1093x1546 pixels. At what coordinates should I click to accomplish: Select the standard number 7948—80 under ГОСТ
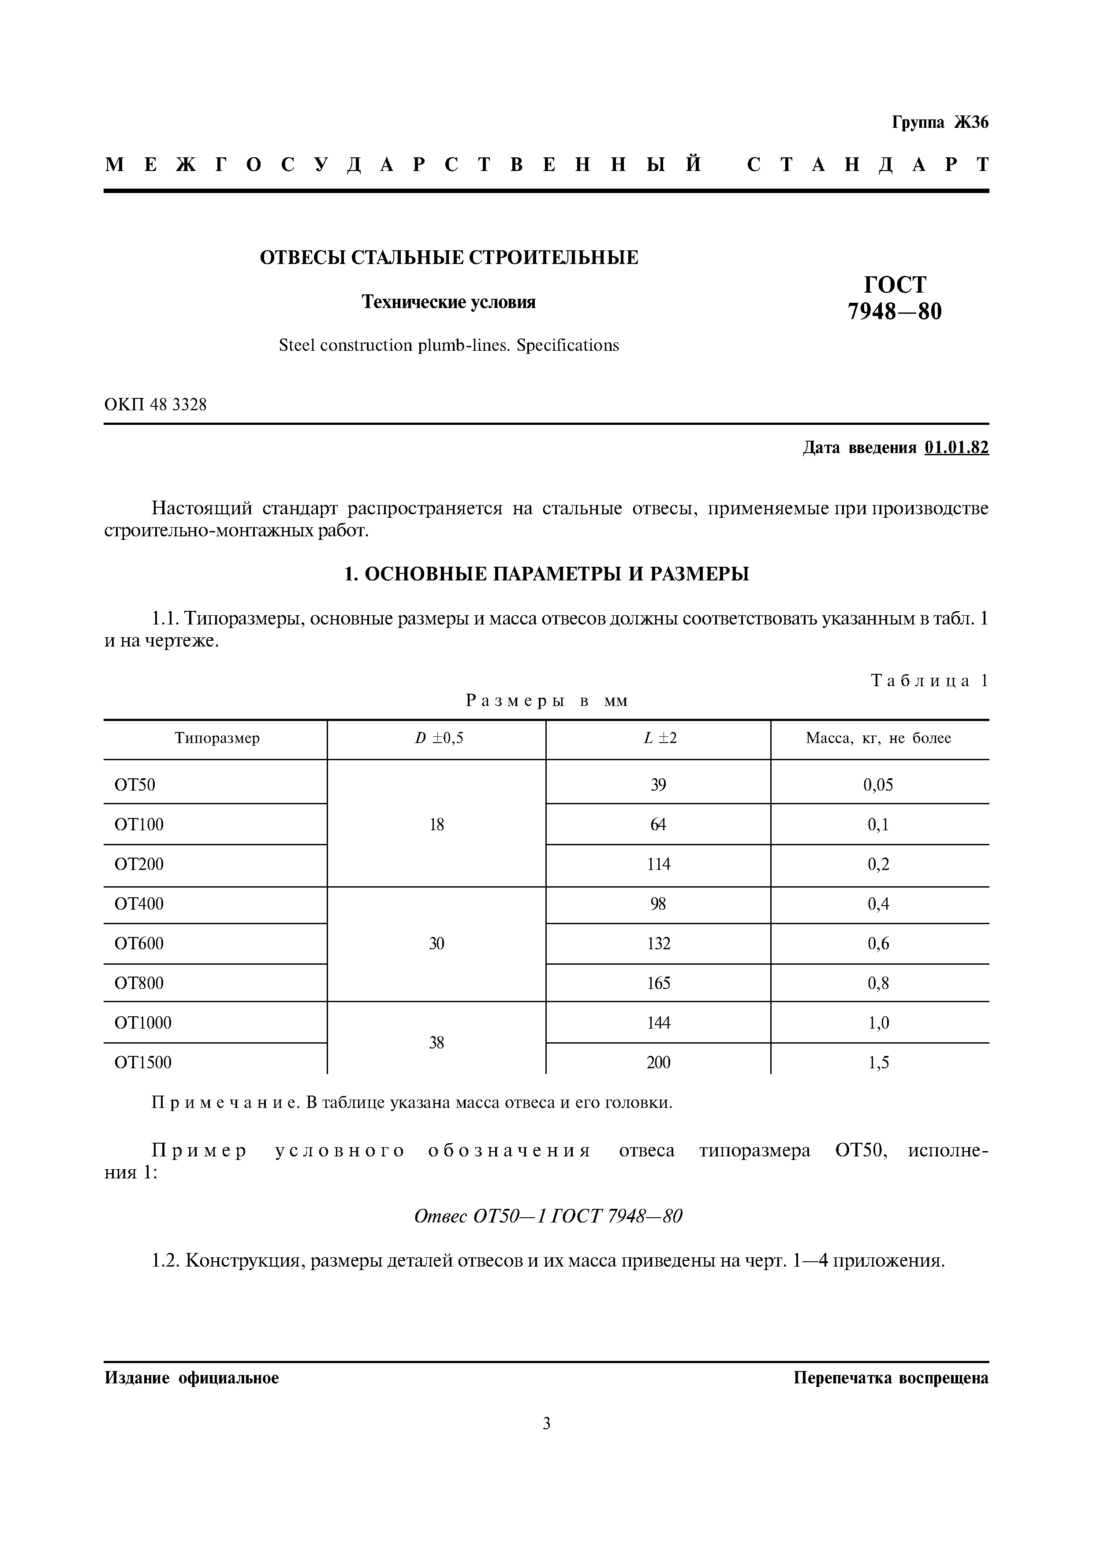894,311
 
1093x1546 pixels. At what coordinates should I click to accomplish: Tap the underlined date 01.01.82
956,448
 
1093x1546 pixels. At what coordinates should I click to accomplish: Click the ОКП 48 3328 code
156,405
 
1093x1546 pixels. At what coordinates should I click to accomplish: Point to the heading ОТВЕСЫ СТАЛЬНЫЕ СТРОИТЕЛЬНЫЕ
449,257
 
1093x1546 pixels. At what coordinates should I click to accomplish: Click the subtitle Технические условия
449,302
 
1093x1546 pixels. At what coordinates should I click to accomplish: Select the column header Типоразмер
217,738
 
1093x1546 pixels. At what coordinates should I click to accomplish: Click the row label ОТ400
139,903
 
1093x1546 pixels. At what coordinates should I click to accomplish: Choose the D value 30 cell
436,944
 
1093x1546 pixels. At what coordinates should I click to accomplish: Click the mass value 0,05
878,784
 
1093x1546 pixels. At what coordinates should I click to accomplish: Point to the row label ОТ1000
143,1023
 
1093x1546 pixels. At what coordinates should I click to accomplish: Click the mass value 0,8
878,983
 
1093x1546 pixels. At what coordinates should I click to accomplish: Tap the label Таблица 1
929,681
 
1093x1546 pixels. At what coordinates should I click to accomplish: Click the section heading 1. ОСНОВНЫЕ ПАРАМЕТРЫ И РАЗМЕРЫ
546,574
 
